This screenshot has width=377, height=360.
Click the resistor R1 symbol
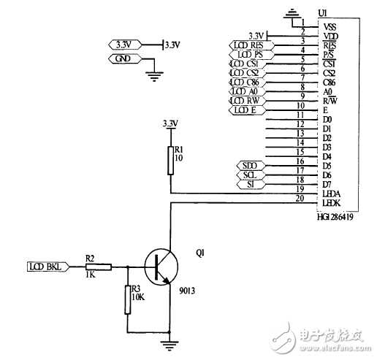click(171, 159)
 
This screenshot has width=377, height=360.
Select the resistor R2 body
click(99, 267)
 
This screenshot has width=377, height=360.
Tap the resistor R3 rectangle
click(128, 299)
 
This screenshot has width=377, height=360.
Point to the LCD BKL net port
click(47, 267)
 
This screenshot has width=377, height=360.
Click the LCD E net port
click(246, 110)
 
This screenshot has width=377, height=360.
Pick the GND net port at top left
click(123, 58)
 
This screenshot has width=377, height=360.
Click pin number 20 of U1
click(300, 197)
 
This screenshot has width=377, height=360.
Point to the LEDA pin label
click(330, 194)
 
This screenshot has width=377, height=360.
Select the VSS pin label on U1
click(330, 26)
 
